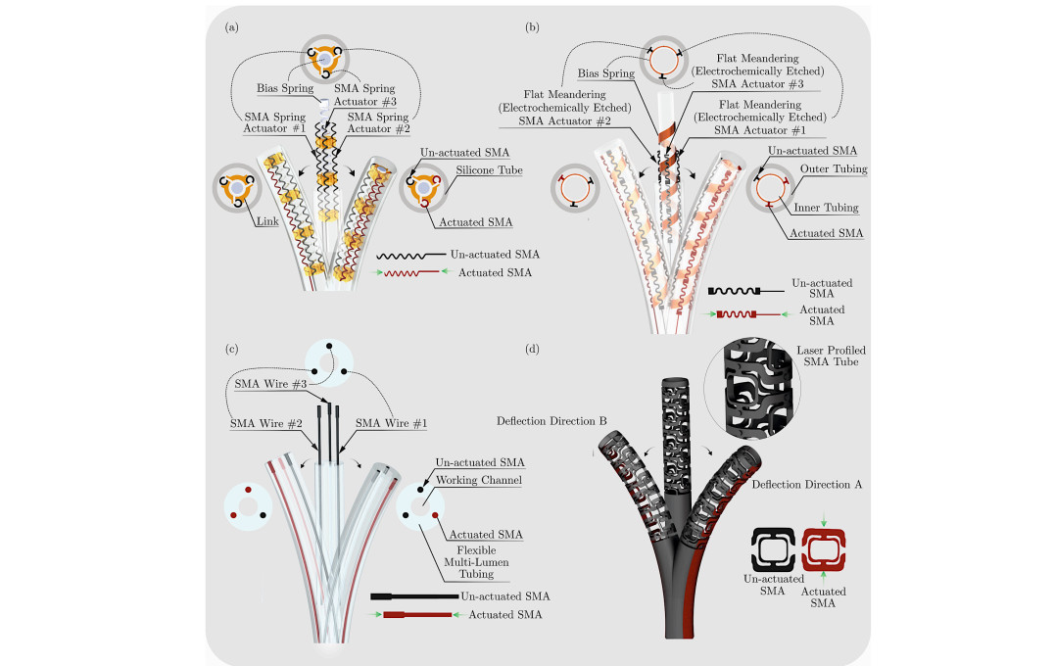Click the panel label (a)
click(x=232, y=27)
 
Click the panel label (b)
click(x=533, y=27)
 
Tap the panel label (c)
click(x=232, y=348)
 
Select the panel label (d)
click(x=533, y=348)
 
